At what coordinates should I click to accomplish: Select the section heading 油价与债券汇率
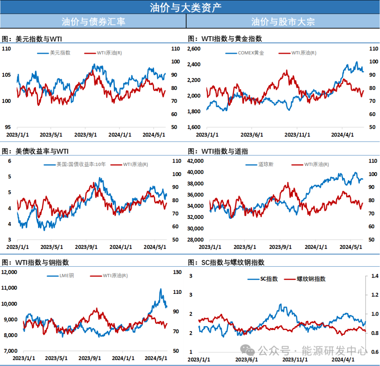pos(93,22)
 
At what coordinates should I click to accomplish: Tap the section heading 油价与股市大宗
pos(283,22)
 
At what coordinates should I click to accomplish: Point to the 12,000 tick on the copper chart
pos(9,272)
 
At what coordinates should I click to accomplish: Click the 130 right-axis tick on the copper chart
pos(177,272)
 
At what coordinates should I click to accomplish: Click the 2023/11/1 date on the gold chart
pos(297,135)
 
